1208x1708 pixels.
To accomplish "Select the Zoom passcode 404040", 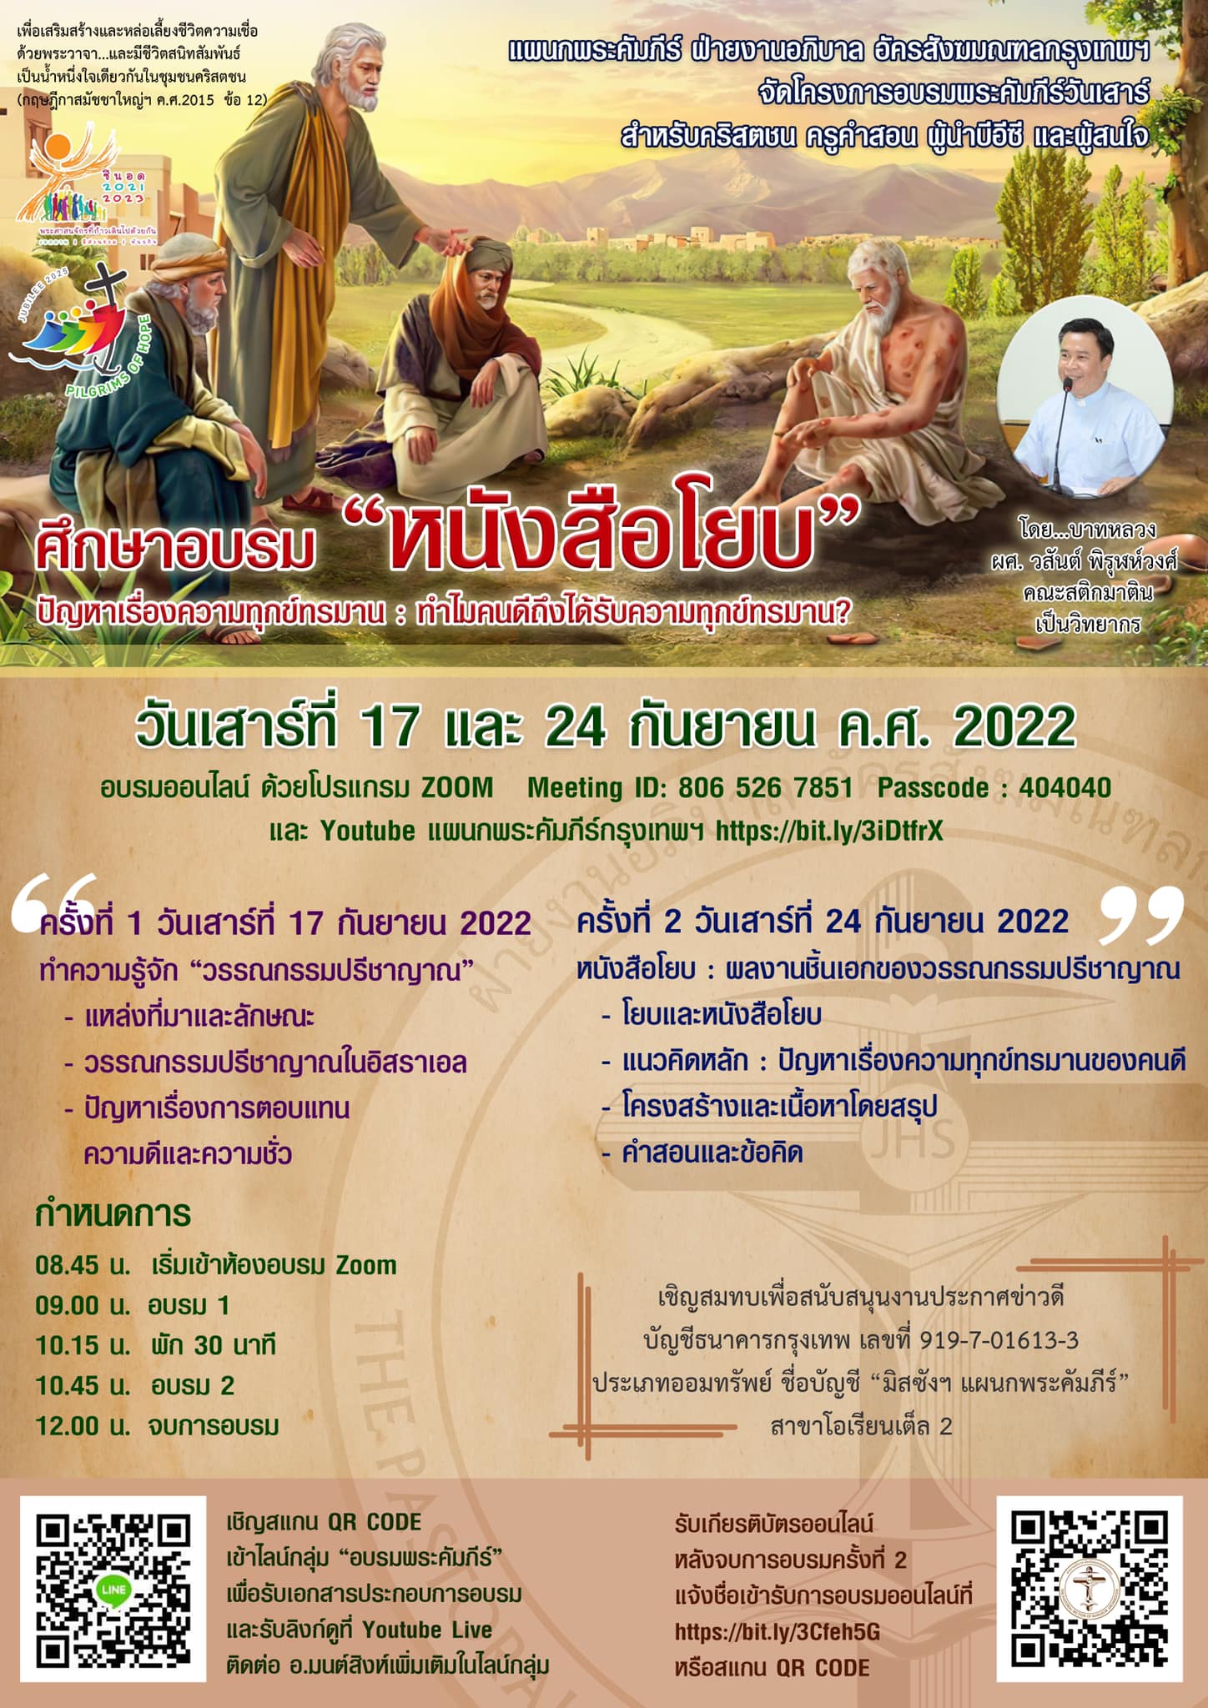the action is (x=1065, y=787).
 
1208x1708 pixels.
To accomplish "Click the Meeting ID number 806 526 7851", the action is (x=765, y=787).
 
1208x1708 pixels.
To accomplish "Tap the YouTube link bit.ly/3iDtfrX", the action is (x=830, y=831).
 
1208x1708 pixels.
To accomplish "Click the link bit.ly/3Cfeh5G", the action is (x=778, y=1632).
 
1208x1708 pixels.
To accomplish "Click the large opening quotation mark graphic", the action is (x=54, y=901).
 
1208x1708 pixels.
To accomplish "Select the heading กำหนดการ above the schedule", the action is (x=113, y=1214).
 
